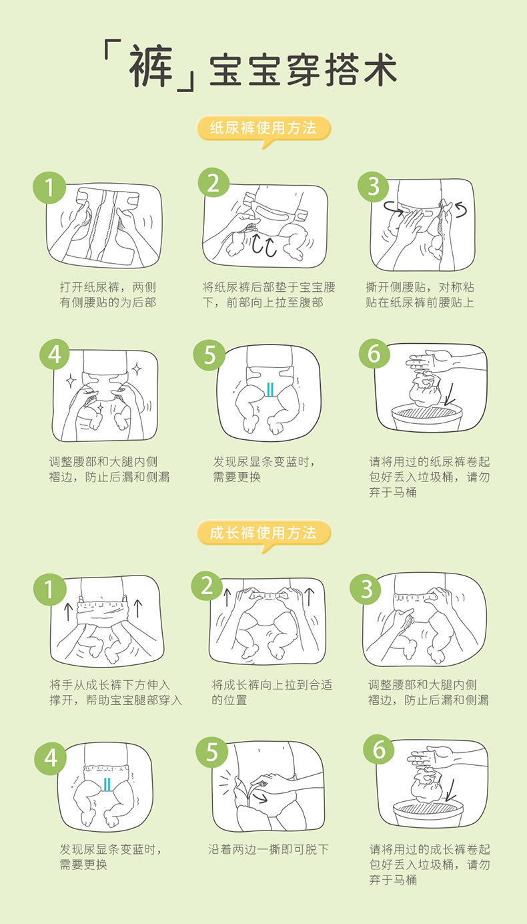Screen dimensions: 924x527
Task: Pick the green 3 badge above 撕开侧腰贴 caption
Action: point(374,186)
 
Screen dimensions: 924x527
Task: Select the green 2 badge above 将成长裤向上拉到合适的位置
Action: point(207,586)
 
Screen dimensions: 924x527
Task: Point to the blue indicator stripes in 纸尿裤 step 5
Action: point(270,389)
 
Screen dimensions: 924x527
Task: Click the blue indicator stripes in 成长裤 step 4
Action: point(107,784)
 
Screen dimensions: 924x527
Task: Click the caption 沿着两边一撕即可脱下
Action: point(268,850)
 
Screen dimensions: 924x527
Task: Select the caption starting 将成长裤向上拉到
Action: point(272,692)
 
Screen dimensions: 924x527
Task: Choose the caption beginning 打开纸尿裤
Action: point(107,295)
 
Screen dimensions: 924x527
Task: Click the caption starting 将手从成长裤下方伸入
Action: point(115,692)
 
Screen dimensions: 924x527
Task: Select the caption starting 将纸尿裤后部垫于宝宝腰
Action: point(269,295)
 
